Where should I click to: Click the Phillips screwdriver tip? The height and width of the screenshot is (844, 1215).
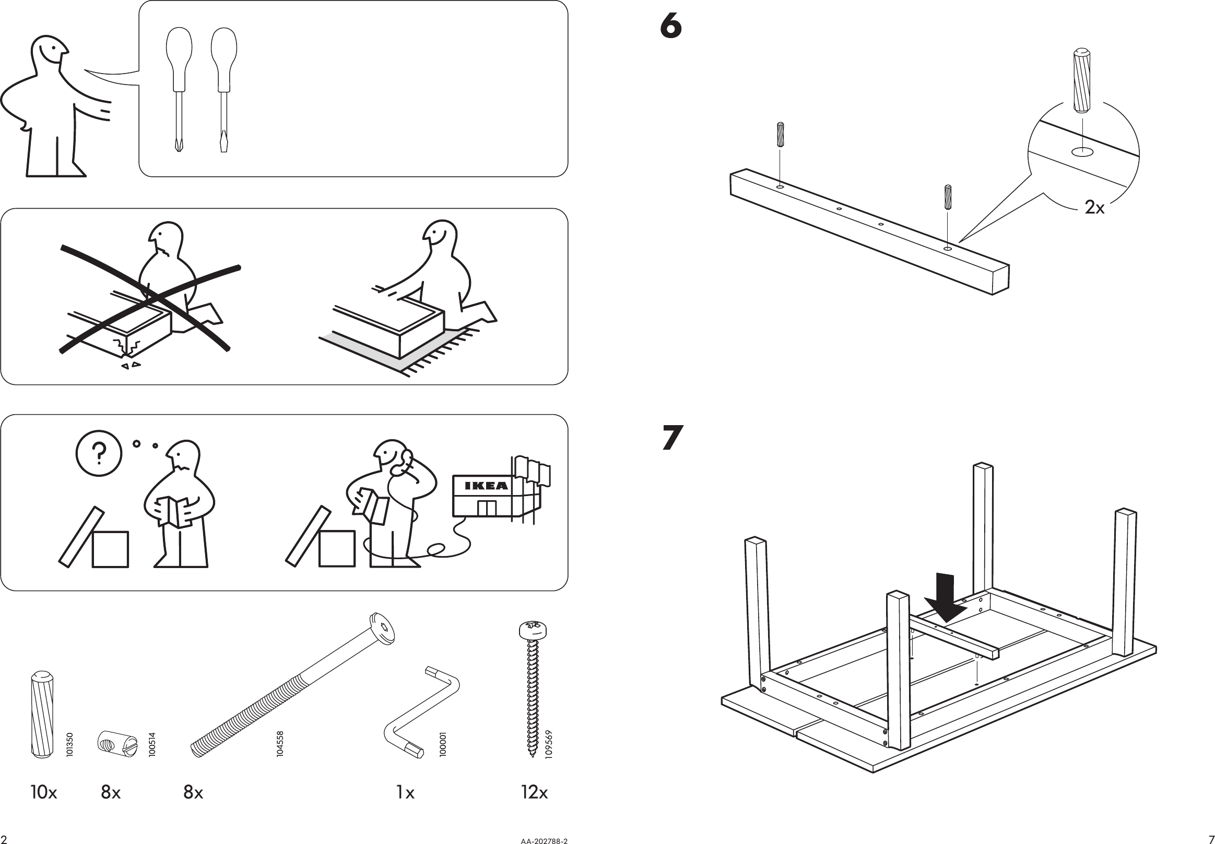[179, 145]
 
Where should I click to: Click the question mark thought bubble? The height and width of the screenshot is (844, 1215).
[99, 453]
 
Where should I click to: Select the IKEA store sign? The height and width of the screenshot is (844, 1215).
[486, 486]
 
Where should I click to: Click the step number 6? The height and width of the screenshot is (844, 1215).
[671, 27]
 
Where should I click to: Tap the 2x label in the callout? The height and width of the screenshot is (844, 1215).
[1094, 208]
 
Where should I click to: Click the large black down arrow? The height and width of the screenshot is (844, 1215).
[946, 597]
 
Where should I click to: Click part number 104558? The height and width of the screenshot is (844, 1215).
[280, 743]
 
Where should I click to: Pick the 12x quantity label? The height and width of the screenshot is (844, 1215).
[535, 792]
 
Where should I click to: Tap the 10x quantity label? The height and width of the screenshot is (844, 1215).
[43, 792]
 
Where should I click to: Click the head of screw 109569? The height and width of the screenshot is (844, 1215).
[533, 630]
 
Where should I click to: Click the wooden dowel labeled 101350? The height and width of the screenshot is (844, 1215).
[42, 714]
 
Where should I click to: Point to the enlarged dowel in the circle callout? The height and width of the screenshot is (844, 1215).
[1081, 80]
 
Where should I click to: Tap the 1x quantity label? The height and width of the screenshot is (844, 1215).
[405, 792]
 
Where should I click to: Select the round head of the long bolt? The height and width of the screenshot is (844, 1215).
[383, 629]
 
